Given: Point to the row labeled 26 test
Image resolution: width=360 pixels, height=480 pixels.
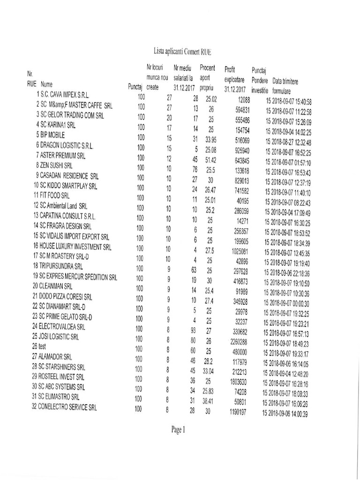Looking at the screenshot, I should (x=38, y=345).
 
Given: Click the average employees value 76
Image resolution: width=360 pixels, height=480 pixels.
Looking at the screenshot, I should (x=195, y=169).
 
